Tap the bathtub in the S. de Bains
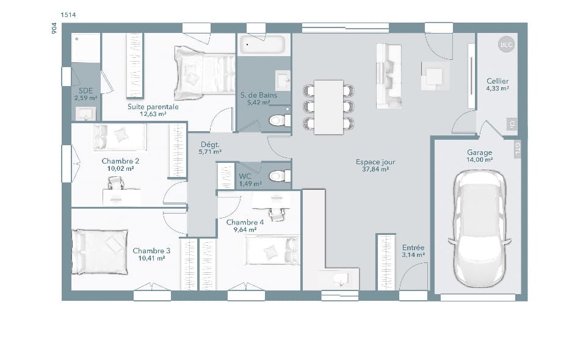262,45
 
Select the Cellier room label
497,81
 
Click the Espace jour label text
375,162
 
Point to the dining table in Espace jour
328,107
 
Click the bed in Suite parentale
204,73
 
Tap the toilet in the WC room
278,176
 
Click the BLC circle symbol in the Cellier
506,45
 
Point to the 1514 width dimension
68,14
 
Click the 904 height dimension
54,29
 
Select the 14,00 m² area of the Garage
480,160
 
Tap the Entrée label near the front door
413,248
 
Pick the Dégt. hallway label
209,145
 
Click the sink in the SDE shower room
85,113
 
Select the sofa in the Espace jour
388,76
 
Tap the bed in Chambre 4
272,251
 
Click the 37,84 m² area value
375,170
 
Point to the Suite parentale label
153,107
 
